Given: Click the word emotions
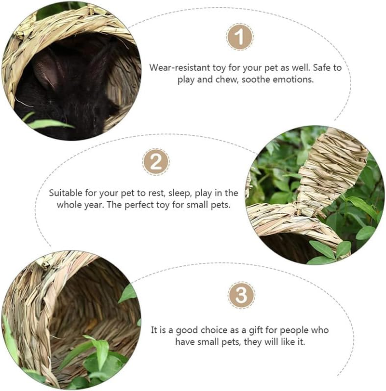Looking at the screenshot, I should [x=294, y=79].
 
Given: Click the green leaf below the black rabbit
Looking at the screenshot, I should [x=48, y=124].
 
